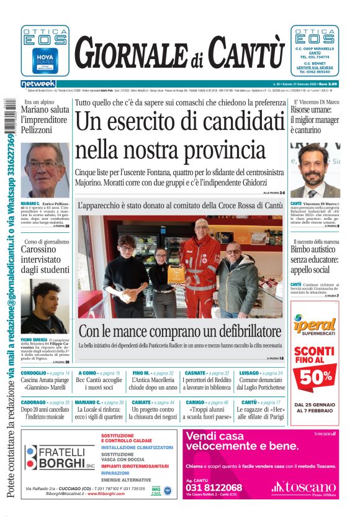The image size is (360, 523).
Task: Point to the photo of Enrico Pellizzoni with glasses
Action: (45, 170)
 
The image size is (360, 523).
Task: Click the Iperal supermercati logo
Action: (314, 326)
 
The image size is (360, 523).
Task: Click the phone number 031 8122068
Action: (214, 488)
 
